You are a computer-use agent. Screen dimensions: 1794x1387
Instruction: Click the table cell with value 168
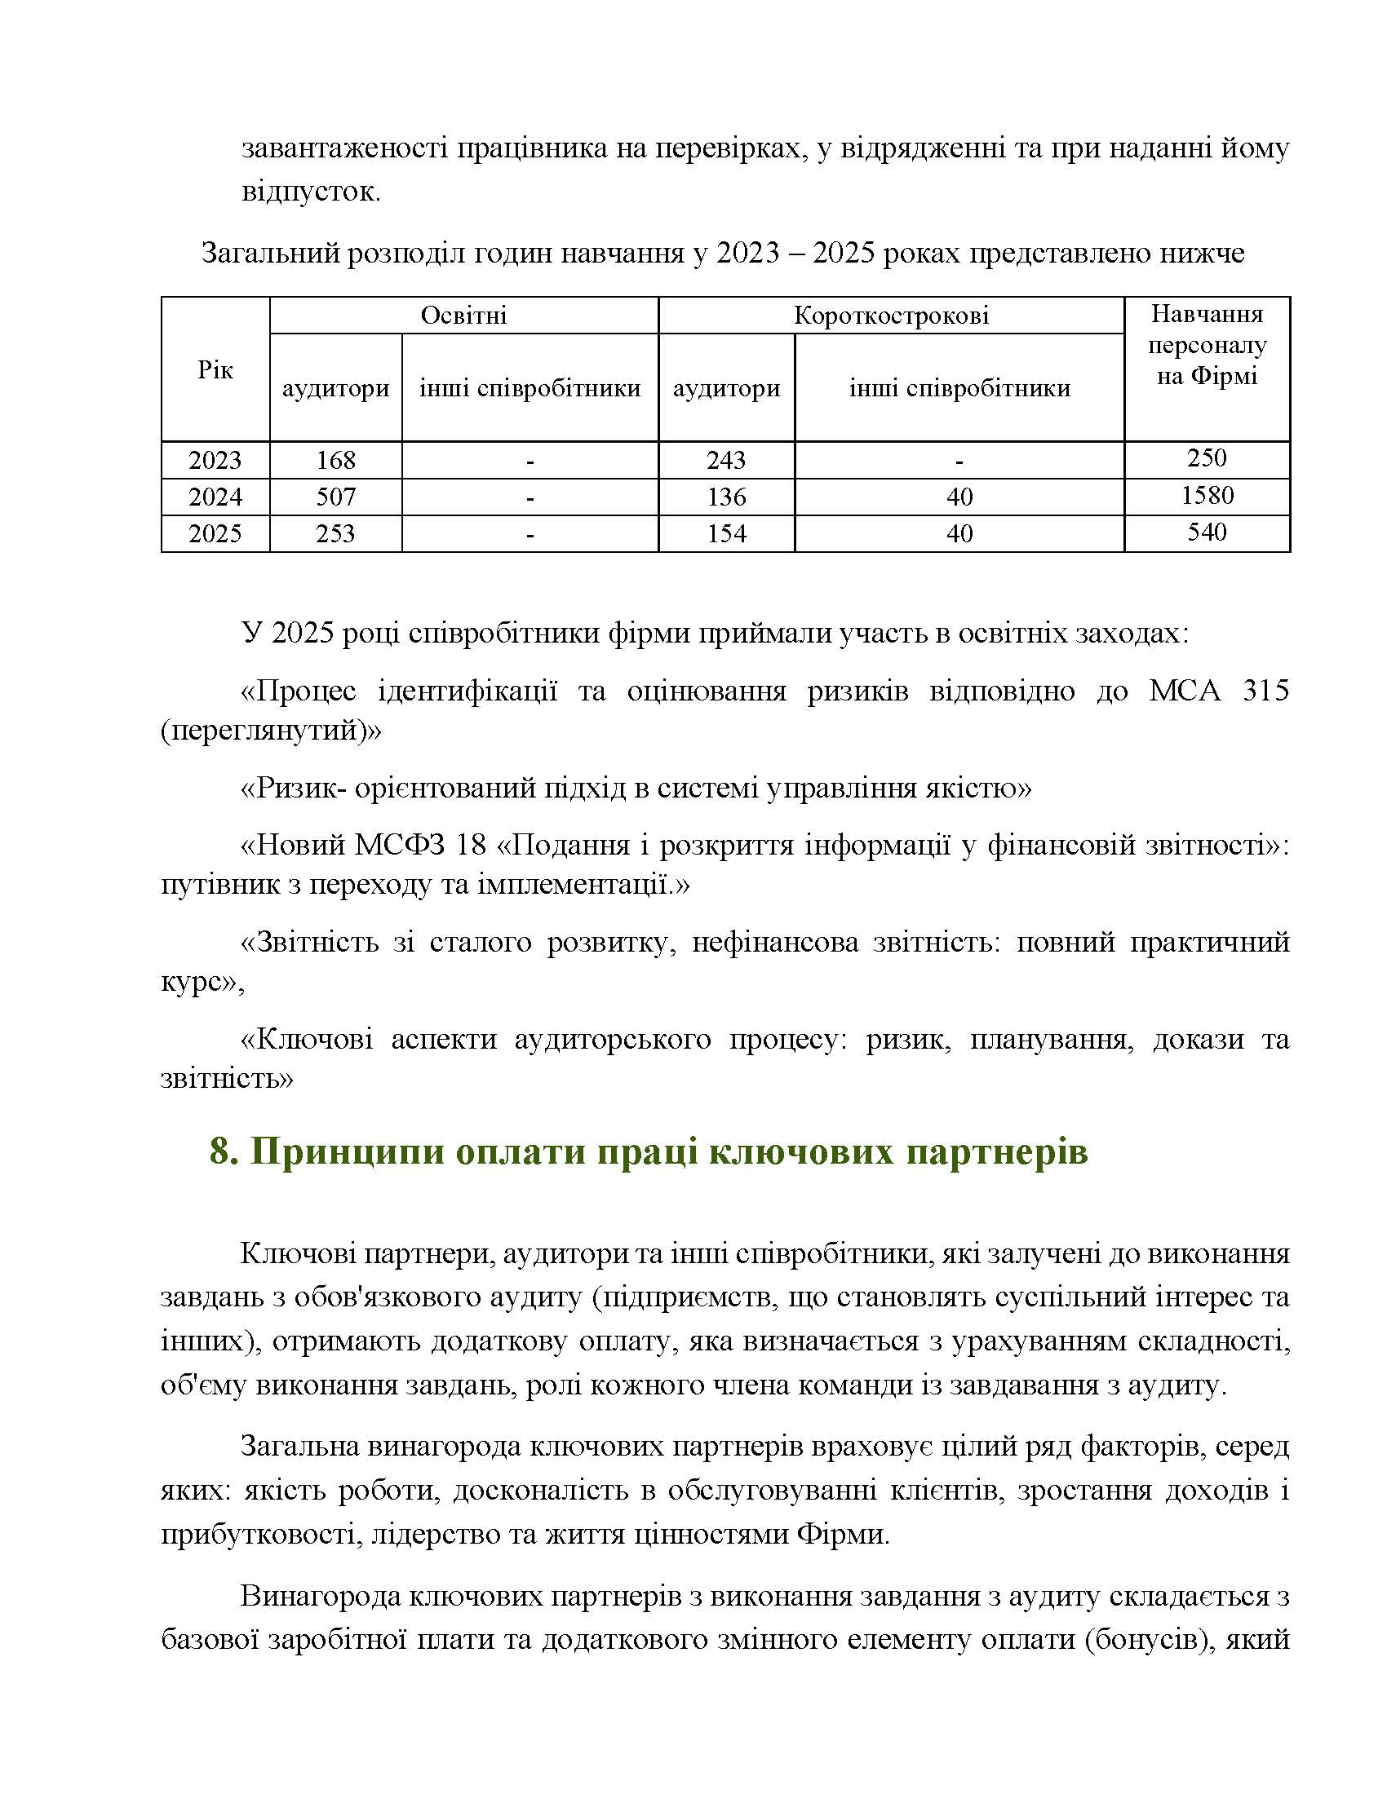(335, 459)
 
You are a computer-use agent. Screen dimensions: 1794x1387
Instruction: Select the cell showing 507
(335, 496)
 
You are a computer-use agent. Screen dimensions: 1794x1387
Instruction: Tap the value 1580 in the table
(1206, 495)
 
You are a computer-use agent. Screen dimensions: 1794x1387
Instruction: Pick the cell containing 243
(725, 459)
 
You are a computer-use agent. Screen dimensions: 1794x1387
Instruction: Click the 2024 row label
(215, 496)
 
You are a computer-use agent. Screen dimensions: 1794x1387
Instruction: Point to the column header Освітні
(463, 316)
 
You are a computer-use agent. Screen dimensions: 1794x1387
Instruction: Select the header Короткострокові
(891, 316)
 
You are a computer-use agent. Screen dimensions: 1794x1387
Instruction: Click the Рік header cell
(215, 369)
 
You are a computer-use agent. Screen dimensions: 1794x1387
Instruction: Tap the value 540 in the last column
(1206, 532)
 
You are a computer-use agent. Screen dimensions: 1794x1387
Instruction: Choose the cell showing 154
(725, 533)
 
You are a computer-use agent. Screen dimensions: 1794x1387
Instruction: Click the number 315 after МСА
(1265, 691)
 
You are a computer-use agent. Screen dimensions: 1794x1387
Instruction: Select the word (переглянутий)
(271, 731)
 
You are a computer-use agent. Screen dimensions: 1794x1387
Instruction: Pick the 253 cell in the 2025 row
(335, 533)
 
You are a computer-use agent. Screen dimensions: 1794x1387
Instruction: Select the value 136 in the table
(725, 496)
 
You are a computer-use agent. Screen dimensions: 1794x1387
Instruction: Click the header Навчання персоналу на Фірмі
(1206, 345)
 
